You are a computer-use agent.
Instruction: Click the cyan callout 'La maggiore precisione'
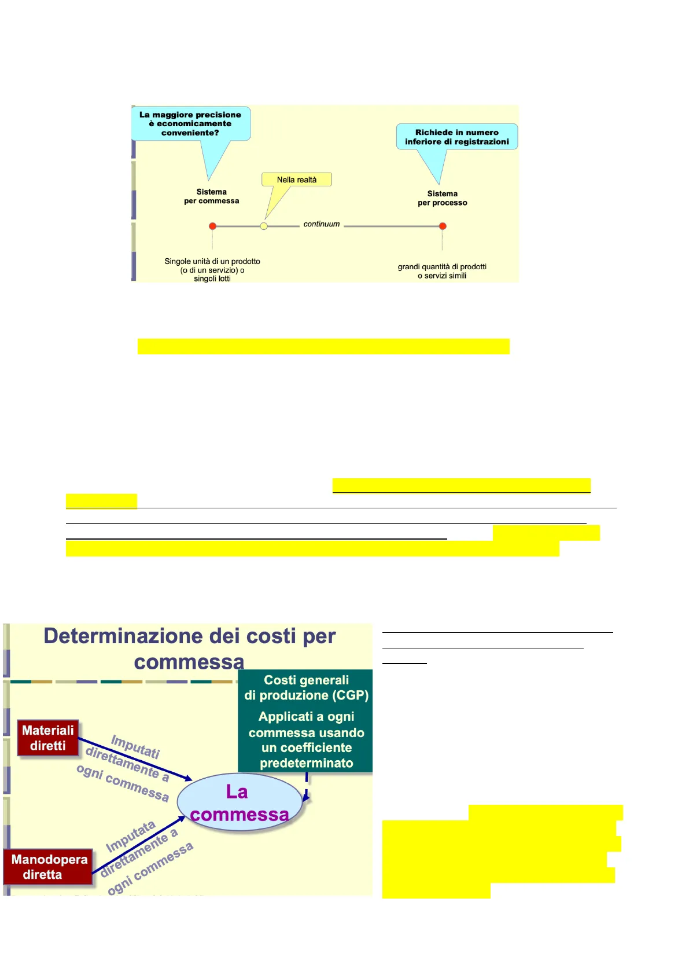190,123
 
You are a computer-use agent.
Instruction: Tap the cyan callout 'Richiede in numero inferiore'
456,137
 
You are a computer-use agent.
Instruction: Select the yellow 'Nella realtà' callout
297,179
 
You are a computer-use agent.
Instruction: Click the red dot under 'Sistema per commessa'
212,226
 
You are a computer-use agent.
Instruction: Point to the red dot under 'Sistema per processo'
443,226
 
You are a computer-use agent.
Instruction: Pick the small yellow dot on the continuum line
264,226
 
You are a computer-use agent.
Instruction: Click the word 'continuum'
322,224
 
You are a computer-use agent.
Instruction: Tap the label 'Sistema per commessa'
212,196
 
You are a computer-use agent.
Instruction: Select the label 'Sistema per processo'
443,198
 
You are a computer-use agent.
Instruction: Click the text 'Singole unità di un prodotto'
212,262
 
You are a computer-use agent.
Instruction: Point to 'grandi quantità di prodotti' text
442,267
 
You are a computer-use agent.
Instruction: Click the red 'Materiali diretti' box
48,738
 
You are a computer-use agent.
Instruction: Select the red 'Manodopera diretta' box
49,867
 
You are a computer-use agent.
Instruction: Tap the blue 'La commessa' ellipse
239,802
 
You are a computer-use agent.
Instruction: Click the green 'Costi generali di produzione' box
306,721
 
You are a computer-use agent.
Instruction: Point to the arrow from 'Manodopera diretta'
139,846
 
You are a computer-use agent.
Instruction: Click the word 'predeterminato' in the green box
307,763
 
